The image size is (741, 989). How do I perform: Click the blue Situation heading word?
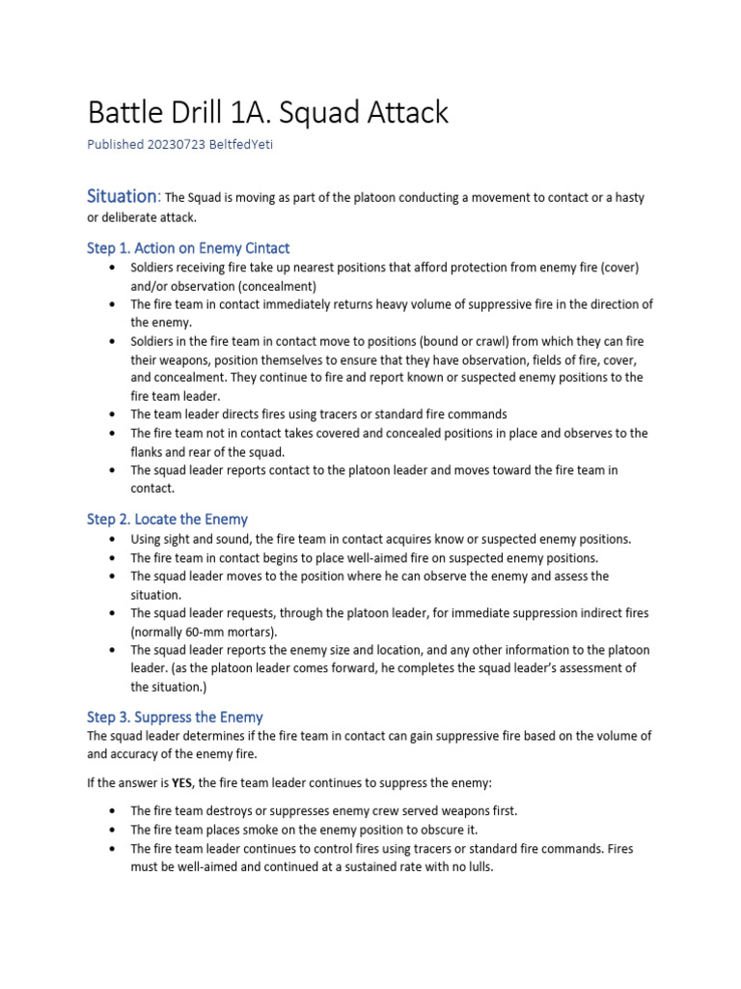pyautogui.click(x=122, y=196)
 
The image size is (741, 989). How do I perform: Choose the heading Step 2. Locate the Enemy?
pyautogui.click(x=167, y=520)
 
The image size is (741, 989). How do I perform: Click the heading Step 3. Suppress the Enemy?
pyautogui.click(x=175, y=718)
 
